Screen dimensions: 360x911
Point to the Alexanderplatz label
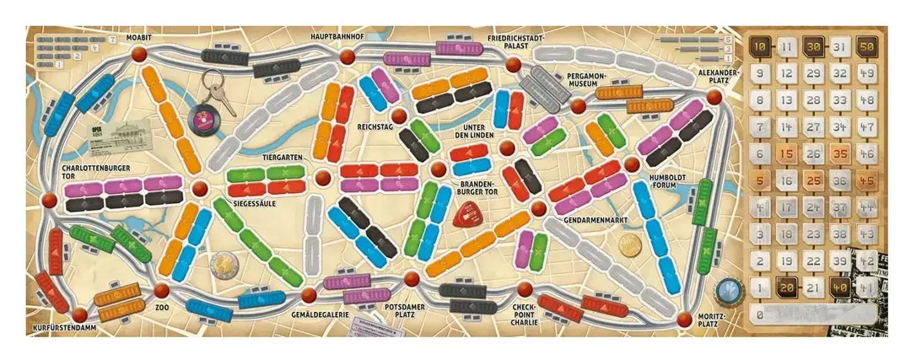[x=719, y=78]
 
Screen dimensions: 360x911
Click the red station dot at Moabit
[x=138, y=55]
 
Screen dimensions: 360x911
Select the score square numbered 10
[x=759, y=47]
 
